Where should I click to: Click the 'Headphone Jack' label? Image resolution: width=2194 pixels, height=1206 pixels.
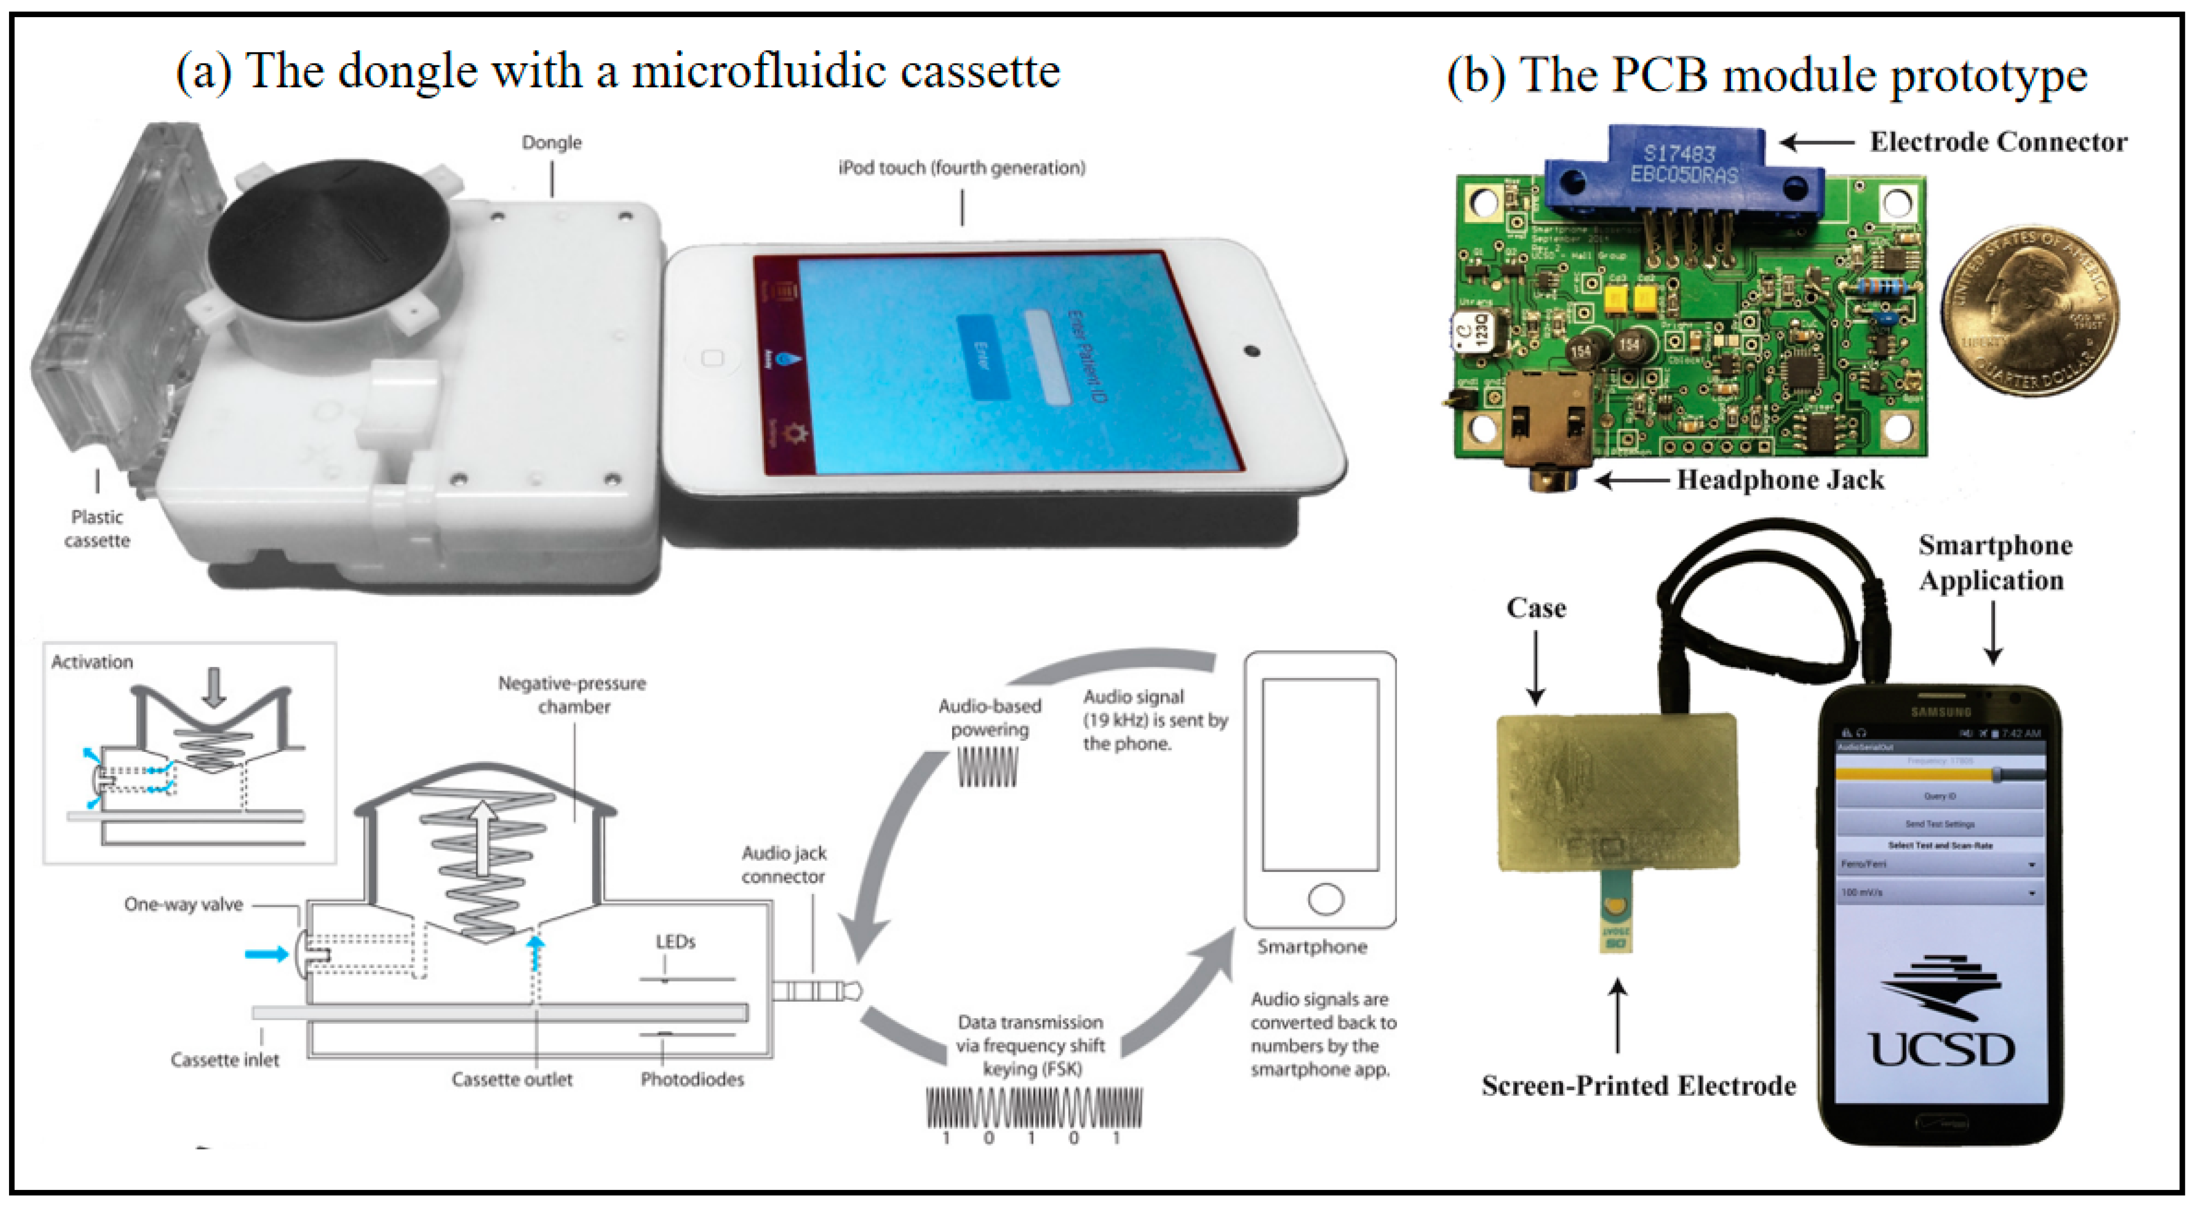(1780, 480)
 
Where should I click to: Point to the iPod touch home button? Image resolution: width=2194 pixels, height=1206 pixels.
(712, 358)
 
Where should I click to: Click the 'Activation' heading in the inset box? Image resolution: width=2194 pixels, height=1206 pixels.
(92, 662)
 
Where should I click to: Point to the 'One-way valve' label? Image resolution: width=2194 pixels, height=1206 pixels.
(183, 904)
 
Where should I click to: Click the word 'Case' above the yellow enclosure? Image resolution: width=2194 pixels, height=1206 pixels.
(1536, 608)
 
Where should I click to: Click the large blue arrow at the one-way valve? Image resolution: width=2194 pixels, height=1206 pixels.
(266, 954)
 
